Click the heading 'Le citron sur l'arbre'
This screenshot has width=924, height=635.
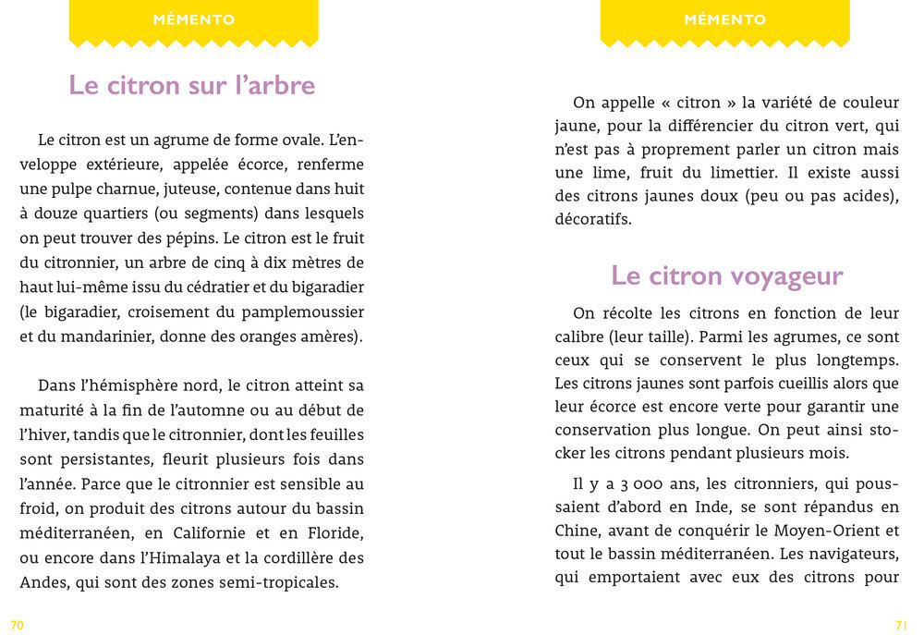coord(192,85)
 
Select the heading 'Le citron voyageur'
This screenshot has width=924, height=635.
coord(726,275)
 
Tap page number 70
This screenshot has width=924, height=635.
coord(17,626)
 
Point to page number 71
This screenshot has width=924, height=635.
coord(903,626)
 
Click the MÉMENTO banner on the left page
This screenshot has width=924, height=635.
coord(193,19)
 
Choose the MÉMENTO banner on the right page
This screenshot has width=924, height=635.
coord(725,19)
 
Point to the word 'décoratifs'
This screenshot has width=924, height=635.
coord(593,221)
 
